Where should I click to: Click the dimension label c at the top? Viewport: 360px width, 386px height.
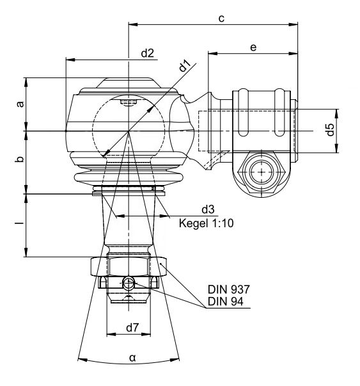[221, 19]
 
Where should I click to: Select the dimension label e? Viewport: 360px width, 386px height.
[253, 47]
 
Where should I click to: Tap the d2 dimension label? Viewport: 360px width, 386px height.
[147, 53]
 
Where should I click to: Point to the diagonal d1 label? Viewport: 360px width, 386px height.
[184, 66]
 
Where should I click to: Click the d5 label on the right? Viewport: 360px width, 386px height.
[330, 129]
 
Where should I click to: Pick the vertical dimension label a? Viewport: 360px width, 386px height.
[20, 104]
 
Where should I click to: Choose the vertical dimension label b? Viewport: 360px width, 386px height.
[20, 159]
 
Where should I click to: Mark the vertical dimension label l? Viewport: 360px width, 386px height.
[20, 223]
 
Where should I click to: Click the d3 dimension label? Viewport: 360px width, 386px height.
[208, 209]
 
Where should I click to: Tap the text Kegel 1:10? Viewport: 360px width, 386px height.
[207, 223]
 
